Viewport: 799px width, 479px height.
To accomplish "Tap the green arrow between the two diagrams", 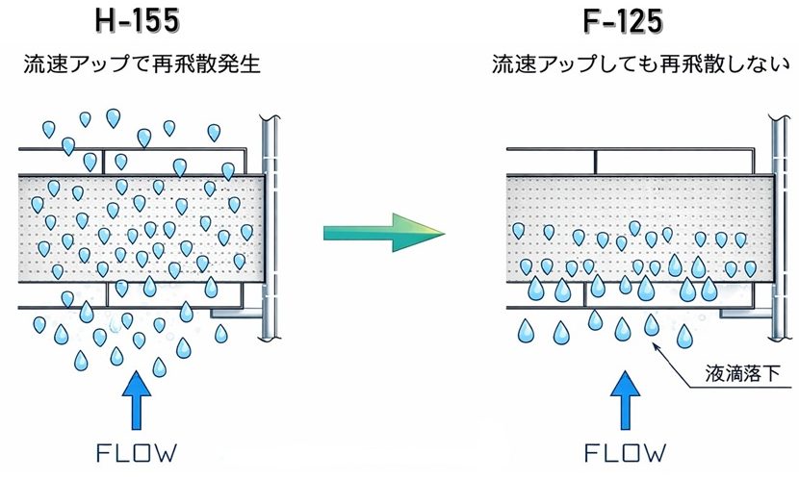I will coord(384,234).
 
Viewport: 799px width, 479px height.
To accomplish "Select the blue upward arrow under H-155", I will coord(137,397).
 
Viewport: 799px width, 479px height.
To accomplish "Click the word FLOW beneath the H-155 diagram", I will coord(137,451).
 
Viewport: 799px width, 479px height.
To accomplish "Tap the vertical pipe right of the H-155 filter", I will coord(270,221).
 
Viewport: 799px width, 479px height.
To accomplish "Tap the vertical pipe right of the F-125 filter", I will coord(777,221).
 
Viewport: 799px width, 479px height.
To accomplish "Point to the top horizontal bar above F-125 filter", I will coord(635,150).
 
